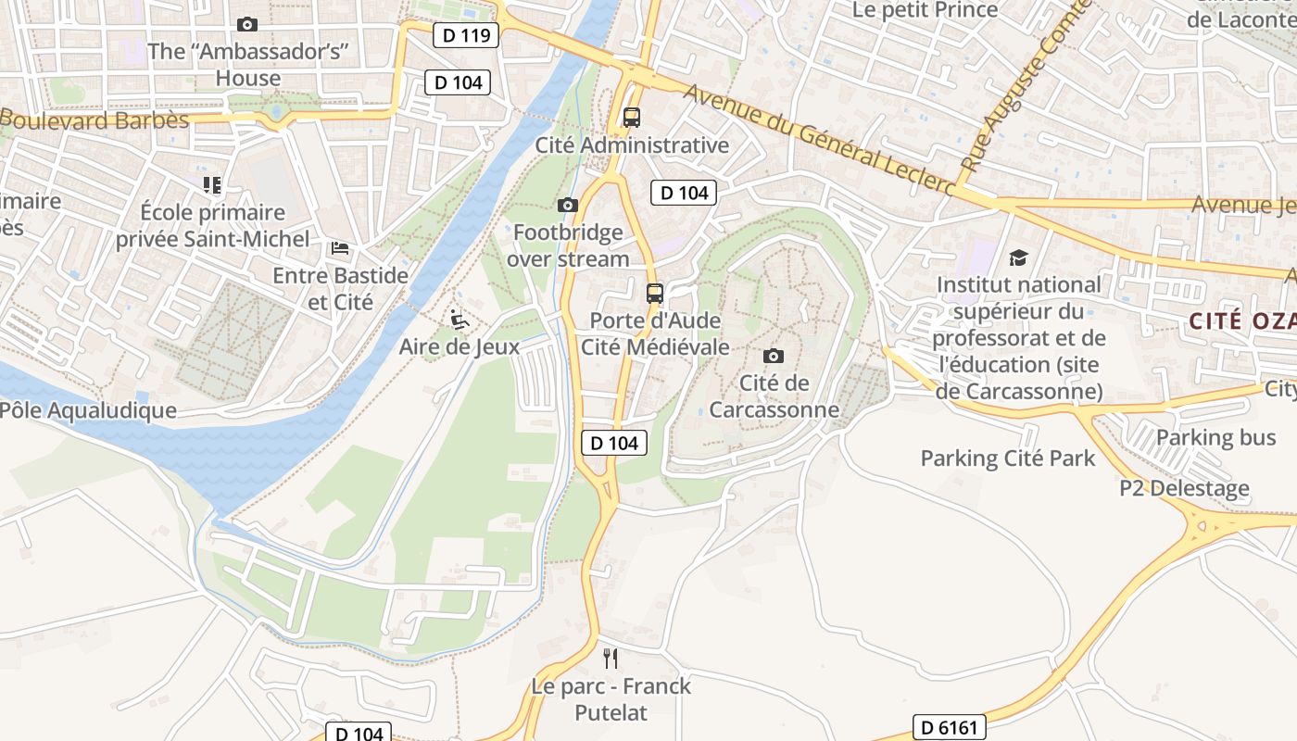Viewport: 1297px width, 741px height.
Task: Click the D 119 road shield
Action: coord(466,36)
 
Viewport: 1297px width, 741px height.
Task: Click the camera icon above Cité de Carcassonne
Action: coord(773,356)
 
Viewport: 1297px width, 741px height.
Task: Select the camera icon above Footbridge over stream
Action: coord(568,205)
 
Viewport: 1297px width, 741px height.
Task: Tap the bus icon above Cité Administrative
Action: coord(632,118)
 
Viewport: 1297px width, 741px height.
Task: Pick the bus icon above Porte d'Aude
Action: coord(655,294)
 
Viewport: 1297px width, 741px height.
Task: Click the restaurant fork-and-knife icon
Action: coord(611,659)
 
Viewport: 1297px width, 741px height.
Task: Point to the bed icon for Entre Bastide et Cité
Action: coord(340,248)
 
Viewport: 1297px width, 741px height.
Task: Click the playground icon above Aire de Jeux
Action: coord(459,320)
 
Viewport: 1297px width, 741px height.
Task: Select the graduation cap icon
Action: coord(1018,258)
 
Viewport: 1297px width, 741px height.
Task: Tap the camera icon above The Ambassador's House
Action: coord(247,25)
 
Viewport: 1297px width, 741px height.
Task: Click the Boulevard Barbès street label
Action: coord(94,120)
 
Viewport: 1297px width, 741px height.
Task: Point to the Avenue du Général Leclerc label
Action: coord(820,137)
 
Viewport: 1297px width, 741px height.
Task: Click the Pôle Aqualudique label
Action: coord(88,410)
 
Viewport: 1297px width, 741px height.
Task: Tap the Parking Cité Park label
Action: coord(1007,458)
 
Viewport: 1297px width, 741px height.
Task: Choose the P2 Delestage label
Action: coord(1184,488)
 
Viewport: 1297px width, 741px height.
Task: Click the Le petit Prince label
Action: coord(925,10)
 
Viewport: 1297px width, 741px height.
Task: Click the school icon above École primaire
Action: coord(212,185)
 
